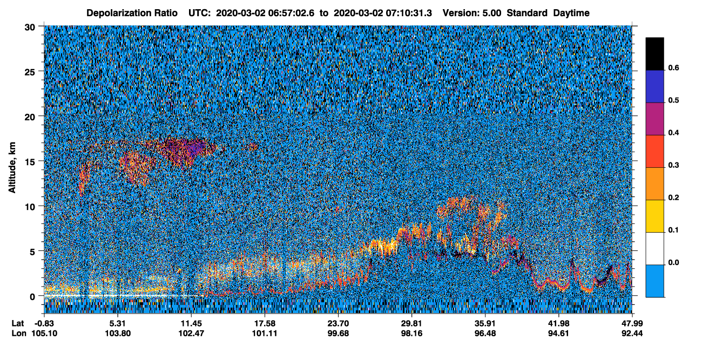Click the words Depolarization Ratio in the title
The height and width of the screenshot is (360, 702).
(x=132, y=13)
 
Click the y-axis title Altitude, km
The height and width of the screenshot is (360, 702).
(x=12, y=168)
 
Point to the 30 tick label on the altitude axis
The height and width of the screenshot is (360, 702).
(x=30, y=28)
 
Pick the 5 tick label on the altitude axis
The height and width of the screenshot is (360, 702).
(x=32, y=252)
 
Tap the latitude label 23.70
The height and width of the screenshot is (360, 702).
(x=338, y=323)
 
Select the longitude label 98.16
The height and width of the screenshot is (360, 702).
(x=411, y=333)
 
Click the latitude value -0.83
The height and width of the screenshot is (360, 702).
(x=44, y=323)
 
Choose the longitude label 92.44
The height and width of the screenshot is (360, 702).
(x=632, y=333)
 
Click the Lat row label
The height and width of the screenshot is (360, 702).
(x=18, y=323)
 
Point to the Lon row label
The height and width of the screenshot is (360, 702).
(x=19, y=333)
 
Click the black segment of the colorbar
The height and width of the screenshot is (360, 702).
(x=654, y=53)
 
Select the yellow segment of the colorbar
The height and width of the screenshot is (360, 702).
(x=654, y=216)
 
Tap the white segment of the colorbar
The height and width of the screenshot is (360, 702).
(x=654, y=248)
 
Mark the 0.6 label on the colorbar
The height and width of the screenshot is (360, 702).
(x=673, y=68)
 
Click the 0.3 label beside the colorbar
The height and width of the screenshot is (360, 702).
(x=673, y=165)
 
